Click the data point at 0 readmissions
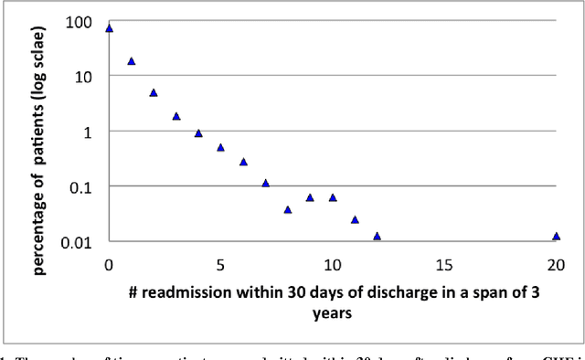coord(109,28)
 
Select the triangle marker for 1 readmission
coord(131,61)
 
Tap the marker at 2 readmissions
coord(154,92)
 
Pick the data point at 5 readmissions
coord(220,147)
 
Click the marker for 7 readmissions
coord(265,183)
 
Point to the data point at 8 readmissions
coord(288,209)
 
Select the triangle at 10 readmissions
coord(333,197)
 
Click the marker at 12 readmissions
coord(377,236)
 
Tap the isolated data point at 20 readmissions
coord(556,236)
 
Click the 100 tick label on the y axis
coord(80,20)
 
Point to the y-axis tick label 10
coord(83,76)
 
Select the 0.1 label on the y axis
coord(80,186)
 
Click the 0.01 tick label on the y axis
coord(77,242)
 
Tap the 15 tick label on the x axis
coord(443,265)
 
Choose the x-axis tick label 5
coord(220,265)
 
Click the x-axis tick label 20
coord(555,265)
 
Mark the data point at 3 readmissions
coord(175,116)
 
